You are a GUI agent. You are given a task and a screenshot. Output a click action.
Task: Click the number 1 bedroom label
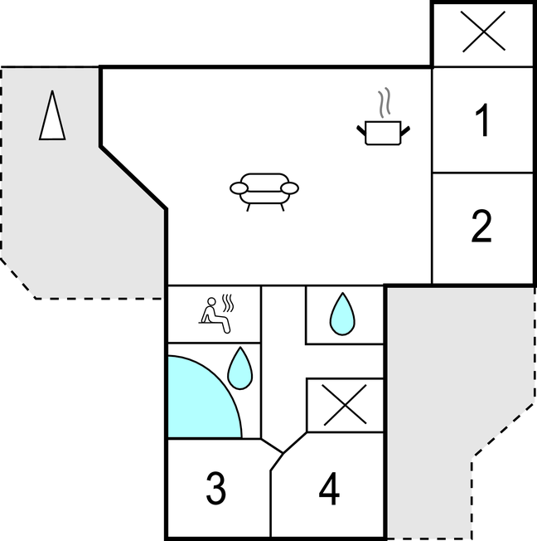482,120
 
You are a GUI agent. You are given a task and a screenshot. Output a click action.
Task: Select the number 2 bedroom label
481,226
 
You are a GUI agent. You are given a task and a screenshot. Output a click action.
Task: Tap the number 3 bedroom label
215,488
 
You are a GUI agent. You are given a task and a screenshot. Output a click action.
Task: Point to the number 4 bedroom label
329,488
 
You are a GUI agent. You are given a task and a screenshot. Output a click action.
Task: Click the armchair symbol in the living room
264,192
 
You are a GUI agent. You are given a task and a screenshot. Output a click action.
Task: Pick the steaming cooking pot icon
383,116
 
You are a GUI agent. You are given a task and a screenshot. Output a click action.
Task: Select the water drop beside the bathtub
239,368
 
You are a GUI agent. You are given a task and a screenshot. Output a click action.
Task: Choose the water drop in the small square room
342,314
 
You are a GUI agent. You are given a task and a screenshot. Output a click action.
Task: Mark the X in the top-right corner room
483,32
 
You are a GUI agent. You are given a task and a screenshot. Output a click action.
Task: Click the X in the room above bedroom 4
345,405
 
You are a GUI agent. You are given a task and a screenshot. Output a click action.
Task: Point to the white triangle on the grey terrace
52,115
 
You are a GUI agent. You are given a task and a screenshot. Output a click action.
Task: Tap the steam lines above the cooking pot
385,102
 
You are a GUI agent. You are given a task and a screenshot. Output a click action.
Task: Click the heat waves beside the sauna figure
228,303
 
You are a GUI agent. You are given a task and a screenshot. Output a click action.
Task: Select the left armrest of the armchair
239,188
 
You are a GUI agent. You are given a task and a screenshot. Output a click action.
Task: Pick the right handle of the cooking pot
405,131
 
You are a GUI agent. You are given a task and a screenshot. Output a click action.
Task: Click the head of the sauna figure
211,301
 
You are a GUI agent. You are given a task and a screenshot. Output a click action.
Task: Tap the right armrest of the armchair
289,188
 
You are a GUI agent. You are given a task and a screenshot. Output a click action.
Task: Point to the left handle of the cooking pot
360,131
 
